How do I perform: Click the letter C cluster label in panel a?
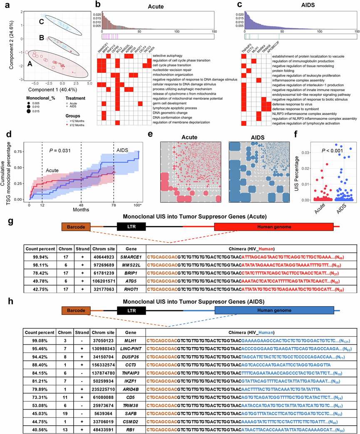(41, 22)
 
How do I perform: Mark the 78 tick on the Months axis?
(114, 205)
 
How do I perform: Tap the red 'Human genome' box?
(273, 227)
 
